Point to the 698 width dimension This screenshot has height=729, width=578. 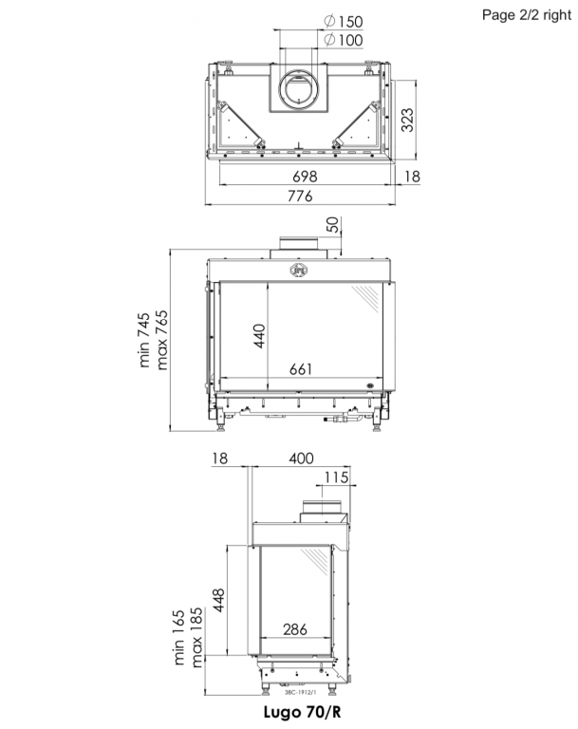point(304,177)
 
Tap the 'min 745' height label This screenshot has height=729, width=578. point(145,341)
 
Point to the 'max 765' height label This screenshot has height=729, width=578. point(163,341)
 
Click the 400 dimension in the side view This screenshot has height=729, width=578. point(301,459)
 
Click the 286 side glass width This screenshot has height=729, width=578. point(295,629)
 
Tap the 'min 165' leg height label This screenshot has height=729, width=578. point(179,638)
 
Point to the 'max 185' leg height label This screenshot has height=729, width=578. point(197,638)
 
